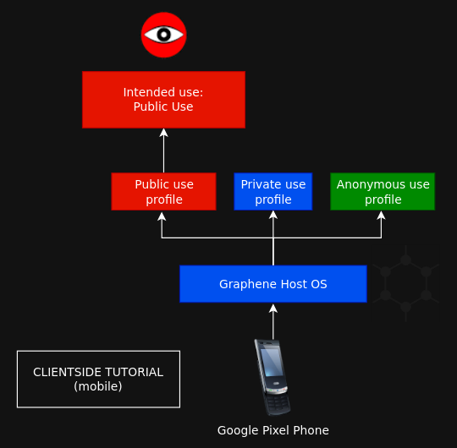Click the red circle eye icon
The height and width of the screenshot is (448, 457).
164,35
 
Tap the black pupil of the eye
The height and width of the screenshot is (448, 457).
164,35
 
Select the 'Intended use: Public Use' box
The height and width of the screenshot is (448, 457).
164,100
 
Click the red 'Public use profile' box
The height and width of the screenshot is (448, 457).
164,192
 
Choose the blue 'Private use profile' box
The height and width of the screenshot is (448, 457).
273,192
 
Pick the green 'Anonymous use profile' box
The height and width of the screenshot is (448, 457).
383,192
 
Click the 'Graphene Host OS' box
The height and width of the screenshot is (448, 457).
273,284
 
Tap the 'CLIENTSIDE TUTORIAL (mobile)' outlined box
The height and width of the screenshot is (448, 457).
98,379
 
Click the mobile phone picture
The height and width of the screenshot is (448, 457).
273,378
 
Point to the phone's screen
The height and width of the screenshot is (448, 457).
272,362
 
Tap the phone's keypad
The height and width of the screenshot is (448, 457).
278,403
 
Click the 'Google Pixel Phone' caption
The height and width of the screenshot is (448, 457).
273,430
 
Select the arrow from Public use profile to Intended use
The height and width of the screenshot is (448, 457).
164,150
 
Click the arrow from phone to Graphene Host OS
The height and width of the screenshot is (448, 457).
273,322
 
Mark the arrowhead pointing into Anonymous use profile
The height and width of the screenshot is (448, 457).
381,215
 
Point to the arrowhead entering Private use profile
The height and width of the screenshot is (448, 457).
273,215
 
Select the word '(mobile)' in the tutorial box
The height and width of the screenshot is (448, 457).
98,386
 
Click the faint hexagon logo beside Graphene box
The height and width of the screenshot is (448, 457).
405,283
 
